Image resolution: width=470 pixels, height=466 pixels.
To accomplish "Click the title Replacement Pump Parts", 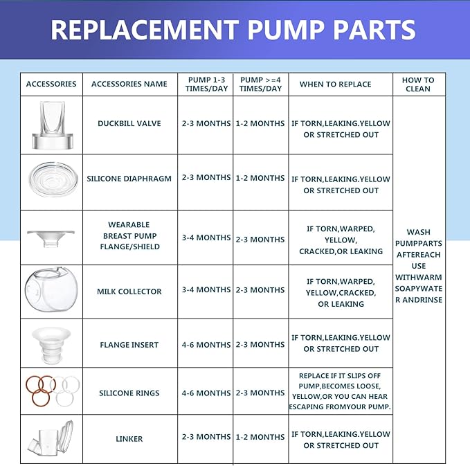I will click(x=233, y=30).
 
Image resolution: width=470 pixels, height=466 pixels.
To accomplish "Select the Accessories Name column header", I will click(x=129, y=84).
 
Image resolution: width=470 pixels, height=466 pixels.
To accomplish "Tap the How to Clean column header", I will click(x=418, y=84).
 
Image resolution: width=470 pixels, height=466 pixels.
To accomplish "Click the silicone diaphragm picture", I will click(x=51, y=179).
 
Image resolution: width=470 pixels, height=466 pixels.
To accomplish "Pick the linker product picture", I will click(x=51, y=438).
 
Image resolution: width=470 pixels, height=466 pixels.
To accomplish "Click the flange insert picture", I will click(x=51, y=343).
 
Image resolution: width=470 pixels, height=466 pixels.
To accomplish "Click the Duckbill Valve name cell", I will click(x=129, y=123).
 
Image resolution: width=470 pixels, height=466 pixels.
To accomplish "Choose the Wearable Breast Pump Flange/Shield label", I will click(x=129, y=236).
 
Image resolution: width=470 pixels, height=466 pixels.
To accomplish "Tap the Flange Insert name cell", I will click(x=129, y=344).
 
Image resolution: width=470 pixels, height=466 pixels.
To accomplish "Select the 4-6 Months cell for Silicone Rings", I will click(x=206, y=393).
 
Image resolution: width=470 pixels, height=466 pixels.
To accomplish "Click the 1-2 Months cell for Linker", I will click(x=260, y=437).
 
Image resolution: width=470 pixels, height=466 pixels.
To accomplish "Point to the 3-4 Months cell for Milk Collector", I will click(x=206, y=290).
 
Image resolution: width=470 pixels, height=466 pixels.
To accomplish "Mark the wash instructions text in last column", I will click(x=418, y=266).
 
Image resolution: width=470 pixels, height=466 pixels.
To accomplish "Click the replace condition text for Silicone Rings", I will click(x=340, y=391).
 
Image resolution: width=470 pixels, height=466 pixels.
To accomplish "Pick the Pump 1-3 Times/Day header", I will click(x=206, y=84).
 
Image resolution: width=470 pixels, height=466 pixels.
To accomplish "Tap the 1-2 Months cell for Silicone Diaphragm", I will click(x=260, y=178).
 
